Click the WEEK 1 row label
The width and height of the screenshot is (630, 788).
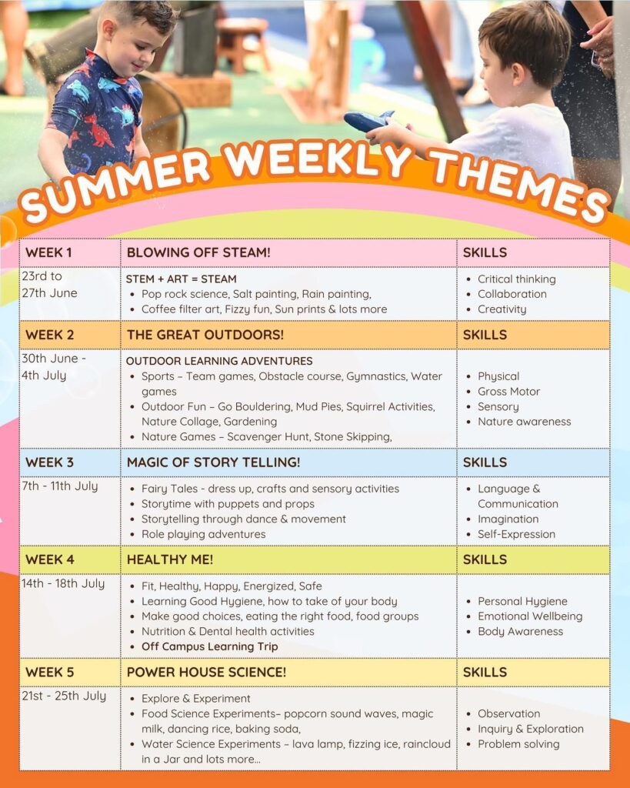click(48, 252)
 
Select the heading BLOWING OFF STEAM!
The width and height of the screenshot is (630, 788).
click(198, 252)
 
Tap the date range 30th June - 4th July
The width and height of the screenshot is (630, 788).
click(53, 367)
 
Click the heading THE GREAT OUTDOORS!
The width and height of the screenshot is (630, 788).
click(205, 335)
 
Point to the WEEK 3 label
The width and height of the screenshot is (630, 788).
click(49, 462)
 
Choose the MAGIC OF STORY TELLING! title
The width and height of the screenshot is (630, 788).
click(214, 462)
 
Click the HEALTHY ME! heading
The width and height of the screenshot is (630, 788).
click(170, 559)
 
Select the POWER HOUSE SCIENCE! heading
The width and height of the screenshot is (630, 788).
click(206, 672)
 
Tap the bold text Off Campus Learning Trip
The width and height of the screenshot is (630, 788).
click(209, 646)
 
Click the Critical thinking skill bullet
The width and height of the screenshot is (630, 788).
click(516, 279)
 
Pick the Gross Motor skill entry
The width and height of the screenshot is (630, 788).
click(508, 392)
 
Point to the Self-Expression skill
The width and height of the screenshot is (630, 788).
click(516, 534)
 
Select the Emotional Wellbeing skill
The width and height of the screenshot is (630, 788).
click(530, 616)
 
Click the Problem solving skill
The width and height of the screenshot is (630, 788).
click(518, 744)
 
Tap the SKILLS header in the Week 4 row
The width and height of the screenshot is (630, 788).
click(485, 559)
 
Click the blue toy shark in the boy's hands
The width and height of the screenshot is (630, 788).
click(369, 121)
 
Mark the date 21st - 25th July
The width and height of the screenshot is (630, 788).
click(64, 696)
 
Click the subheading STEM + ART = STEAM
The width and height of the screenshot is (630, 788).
click(181, 279)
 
